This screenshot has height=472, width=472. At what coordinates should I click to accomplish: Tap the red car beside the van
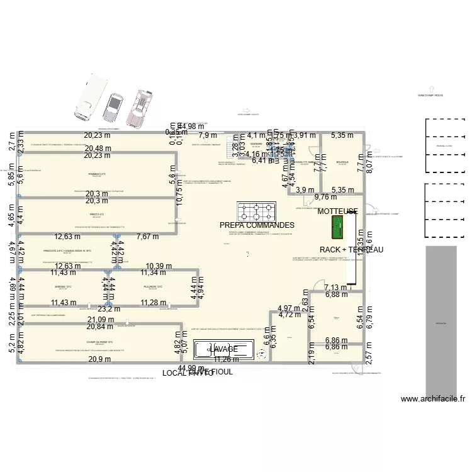[x=140, y=106]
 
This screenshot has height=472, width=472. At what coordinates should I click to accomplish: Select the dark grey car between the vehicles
[x=114, y=108]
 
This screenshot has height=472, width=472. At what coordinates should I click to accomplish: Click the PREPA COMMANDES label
[x=257, y=225]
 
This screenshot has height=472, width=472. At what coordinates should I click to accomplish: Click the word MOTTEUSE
[x=337, y=211]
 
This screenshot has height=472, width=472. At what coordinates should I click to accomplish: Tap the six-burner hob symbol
[x=256, y=210]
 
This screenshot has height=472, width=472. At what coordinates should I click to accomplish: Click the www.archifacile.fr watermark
[x=432, y=398]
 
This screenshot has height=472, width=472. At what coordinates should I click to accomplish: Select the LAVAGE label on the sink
[x=224, y=349]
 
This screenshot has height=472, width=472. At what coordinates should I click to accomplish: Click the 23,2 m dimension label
[x=108, y=309]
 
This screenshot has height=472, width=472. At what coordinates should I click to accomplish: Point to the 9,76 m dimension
[x=325, y=196]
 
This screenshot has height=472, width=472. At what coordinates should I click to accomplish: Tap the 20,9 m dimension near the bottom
[x=99, y=359]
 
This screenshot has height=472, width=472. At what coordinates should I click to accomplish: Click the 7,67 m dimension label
[x=149, y=237]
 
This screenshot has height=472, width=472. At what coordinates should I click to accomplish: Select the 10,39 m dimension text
[x=159, y=266]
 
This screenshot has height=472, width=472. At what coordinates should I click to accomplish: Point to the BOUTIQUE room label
[x=342, y=162]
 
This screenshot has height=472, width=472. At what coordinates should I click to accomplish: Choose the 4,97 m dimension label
[x=289, y=308]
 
